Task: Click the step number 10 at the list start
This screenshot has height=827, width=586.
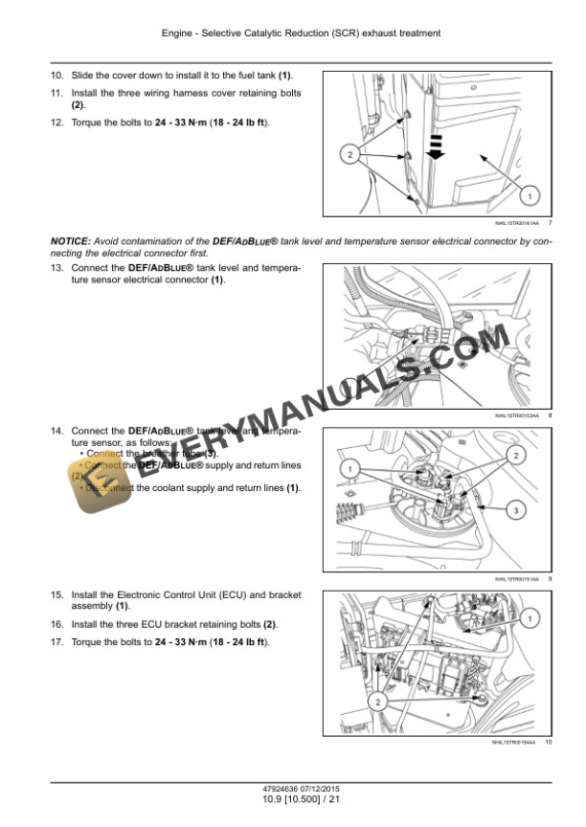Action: coord(56,75)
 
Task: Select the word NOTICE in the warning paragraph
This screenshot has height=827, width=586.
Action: coord(71,242)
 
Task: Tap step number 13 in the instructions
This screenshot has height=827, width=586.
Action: coord(56,268)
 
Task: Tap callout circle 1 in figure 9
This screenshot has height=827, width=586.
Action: coord(349,468)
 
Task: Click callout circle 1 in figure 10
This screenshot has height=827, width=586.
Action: coord(527,621)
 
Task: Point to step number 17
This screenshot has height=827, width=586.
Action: coord(56,641)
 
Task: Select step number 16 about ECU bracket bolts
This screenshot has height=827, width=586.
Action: coord(56,624)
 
